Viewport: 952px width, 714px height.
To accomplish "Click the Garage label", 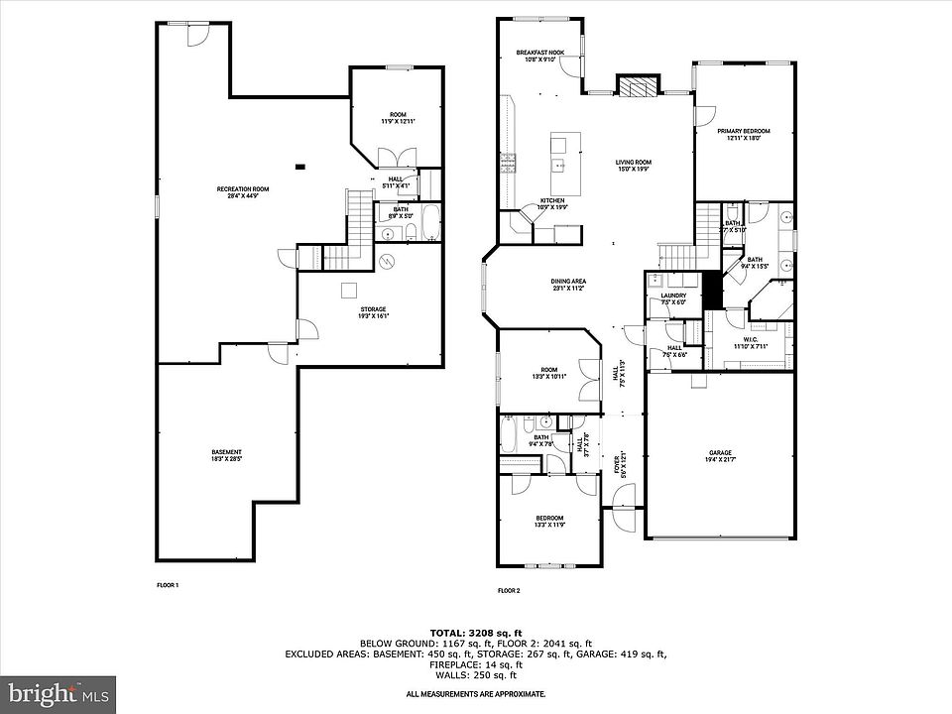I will point(721,452).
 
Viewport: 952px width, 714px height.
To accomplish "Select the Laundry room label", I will point(660,298).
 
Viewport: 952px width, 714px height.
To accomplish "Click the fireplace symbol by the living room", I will point(636,86).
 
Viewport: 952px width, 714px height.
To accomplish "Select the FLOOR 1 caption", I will point(168,585).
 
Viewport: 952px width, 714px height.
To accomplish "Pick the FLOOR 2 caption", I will point(509,591).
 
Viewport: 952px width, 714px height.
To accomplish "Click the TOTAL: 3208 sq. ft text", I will point(475,632).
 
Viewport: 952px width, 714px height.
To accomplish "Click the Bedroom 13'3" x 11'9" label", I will point(548,521).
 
